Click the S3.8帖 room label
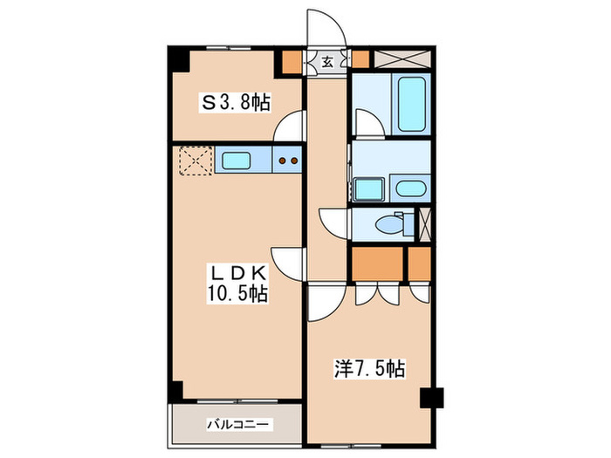(x=236, y=104)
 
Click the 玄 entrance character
(x=327, y=61)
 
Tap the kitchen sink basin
(x=236, y=161)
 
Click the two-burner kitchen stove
(x=288, y=161)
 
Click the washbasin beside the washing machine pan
(x=408, y=188)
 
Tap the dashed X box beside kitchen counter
(x=195, y=161)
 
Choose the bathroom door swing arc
(x=367, y=123)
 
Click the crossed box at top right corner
(x=398, y=60)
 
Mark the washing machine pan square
(x=367, y=188)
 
